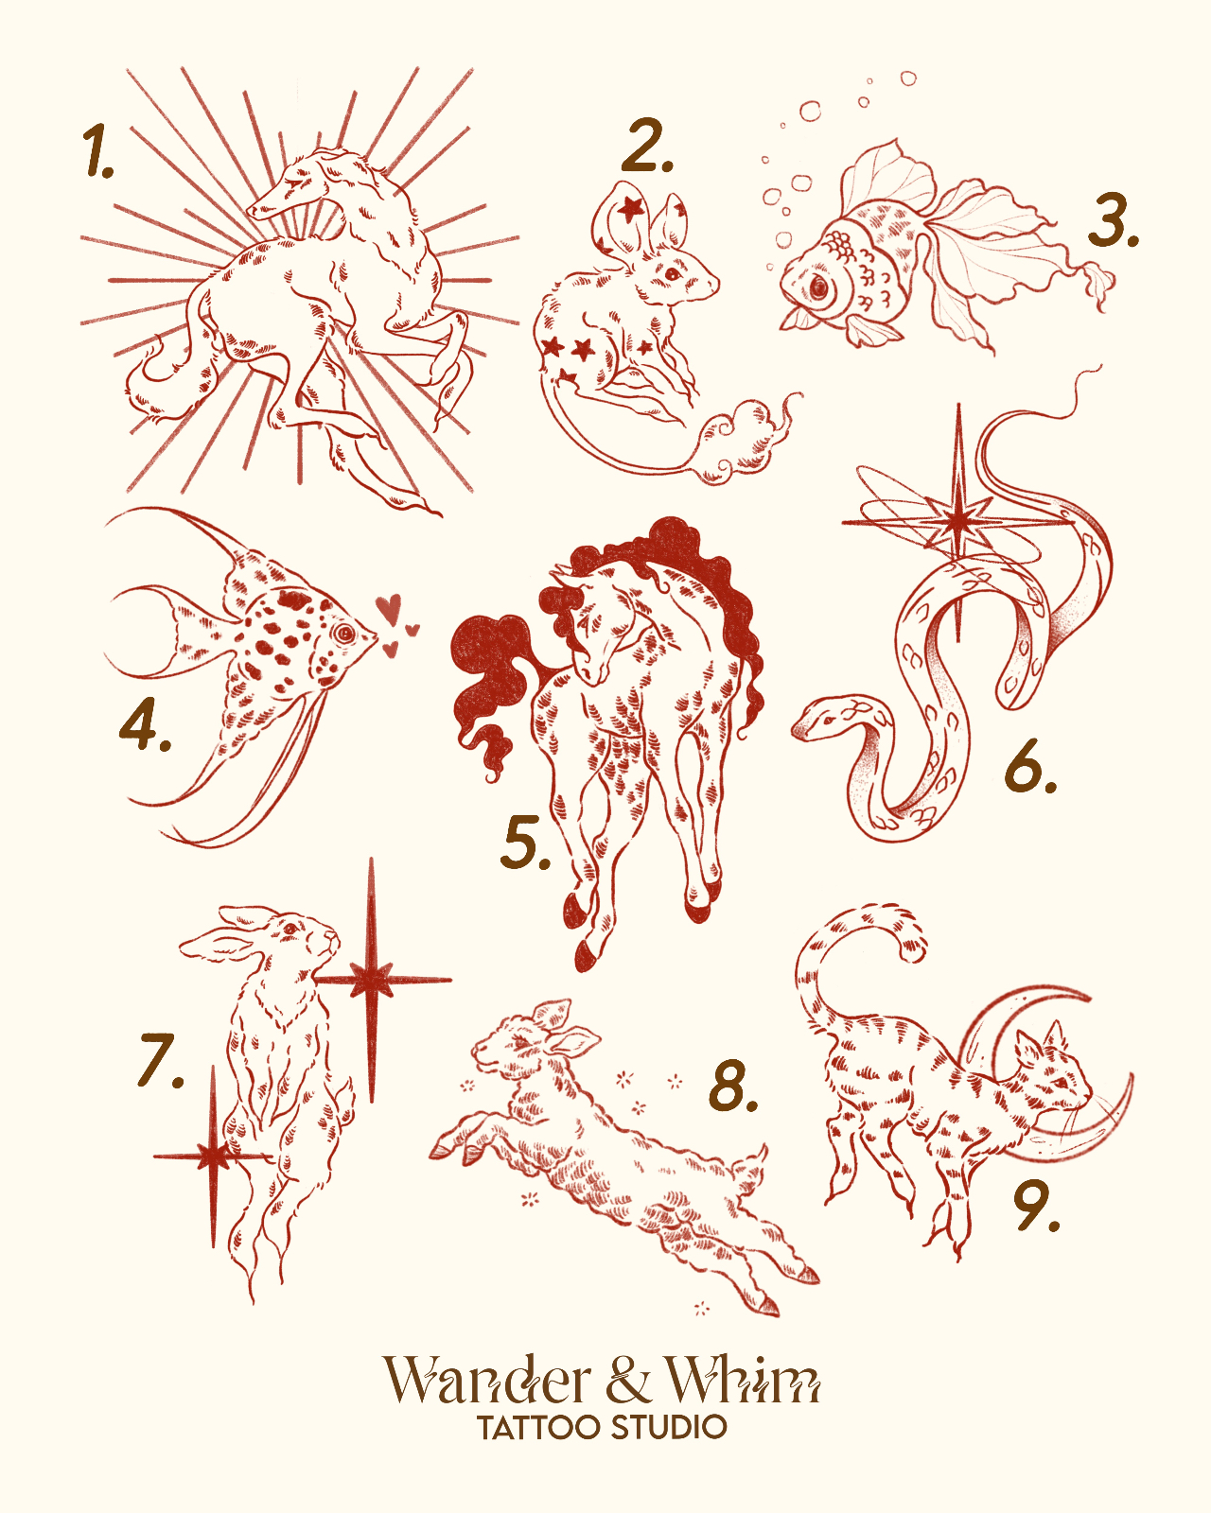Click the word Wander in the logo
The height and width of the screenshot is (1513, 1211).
point(486,1382)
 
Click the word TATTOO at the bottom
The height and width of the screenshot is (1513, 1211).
point(538,1428)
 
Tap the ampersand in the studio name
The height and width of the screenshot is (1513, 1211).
point(627,1381)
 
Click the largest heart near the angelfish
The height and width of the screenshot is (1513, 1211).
point(388,607)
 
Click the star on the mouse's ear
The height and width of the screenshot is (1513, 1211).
point(630,207)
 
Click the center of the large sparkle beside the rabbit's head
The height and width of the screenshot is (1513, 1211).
point(371,980)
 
